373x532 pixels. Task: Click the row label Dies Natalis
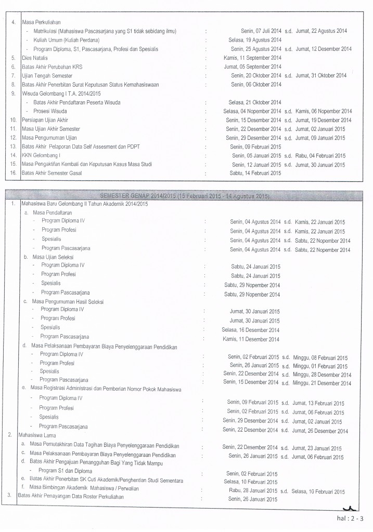(34, 58)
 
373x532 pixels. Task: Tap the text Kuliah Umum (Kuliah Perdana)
(67, 39)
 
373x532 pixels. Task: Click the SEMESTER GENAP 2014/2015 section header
(187, 196)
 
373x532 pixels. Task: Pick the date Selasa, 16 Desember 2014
(251, 330)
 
